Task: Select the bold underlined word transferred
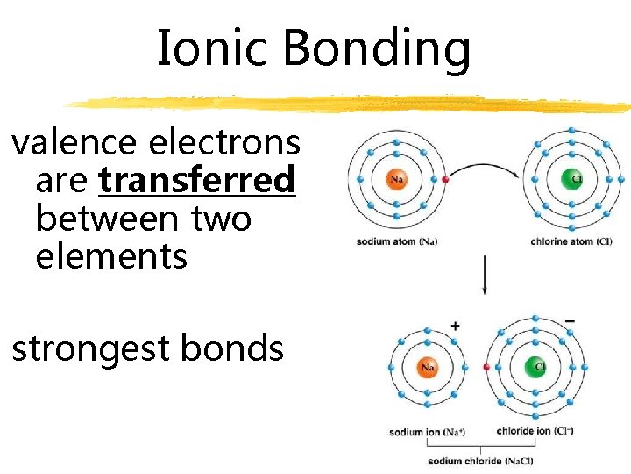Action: [197, 181]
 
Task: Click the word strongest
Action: [89, 349]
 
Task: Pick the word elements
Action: [111, 257]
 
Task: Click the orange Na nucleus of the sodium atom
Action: [396, 179]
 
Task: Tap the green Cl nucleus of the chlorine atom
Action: [572, 179]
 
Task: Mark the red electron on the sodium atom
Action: [445, 179]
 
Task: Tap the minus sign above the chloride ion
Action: [571, 322]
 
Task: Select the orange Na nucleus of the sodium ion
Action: [428, 367]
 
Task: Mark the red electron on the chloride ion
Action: [486, 367]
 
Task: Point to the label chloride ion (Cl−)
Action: [535, 431]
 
